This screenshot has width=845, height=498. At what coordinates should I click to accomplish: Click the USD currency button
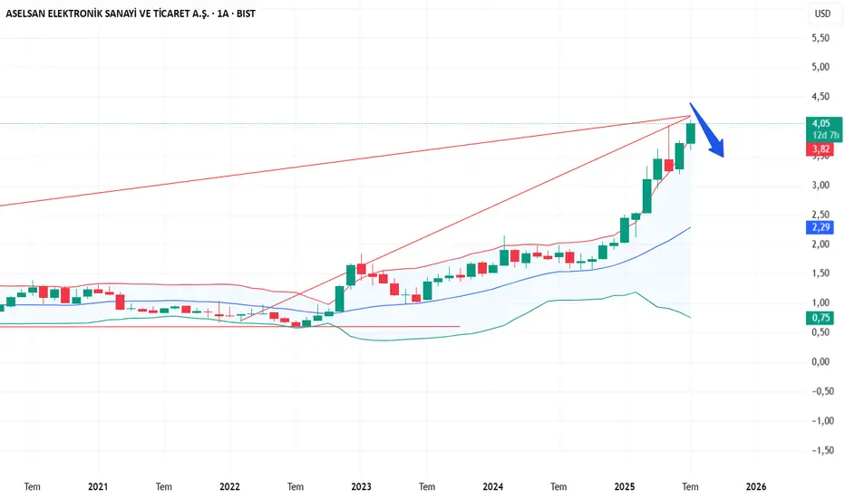click(822, 14)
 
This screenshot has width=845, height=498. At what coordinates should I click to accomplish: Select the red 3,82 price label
click(820, 148)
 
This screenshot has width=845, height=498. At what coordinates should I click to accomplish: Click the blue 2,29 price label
click(820, 227)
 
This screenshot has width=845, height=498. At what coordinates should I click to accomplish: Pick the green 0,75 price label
click(820, 318)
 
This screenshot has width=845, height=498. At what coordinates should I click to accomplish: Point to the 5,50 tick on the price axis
click(821, 38)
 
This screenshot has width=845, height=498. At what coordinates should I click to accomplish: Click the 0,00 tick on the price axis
click(821, 361)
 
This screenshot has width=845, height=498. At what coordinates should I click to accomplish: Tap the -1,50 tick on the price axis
click(820, 450)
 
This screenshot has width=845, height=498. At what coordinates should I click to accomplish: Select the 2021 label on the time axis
click(99, 485)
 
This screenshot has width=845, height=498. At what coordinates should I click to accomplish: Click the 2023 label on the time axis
click(361, 485)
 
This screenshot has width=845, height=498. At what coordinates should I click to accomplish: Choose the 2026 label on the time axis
click(756, 485)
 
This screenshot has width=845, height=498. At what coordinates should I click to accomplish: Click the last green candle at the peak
click(691, 133)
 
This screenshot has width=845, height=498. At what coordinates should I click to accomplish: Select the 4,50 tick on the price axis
click(821, 97)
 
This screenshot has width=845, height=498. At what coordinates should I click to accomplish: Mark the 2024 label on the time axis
click(492, 485)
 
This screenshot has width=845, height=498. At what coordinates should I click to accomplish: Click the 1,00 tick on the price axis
click(821, 302)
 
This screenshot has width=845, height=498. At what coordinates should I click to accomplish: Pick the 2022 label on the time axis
click(229, 485)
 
